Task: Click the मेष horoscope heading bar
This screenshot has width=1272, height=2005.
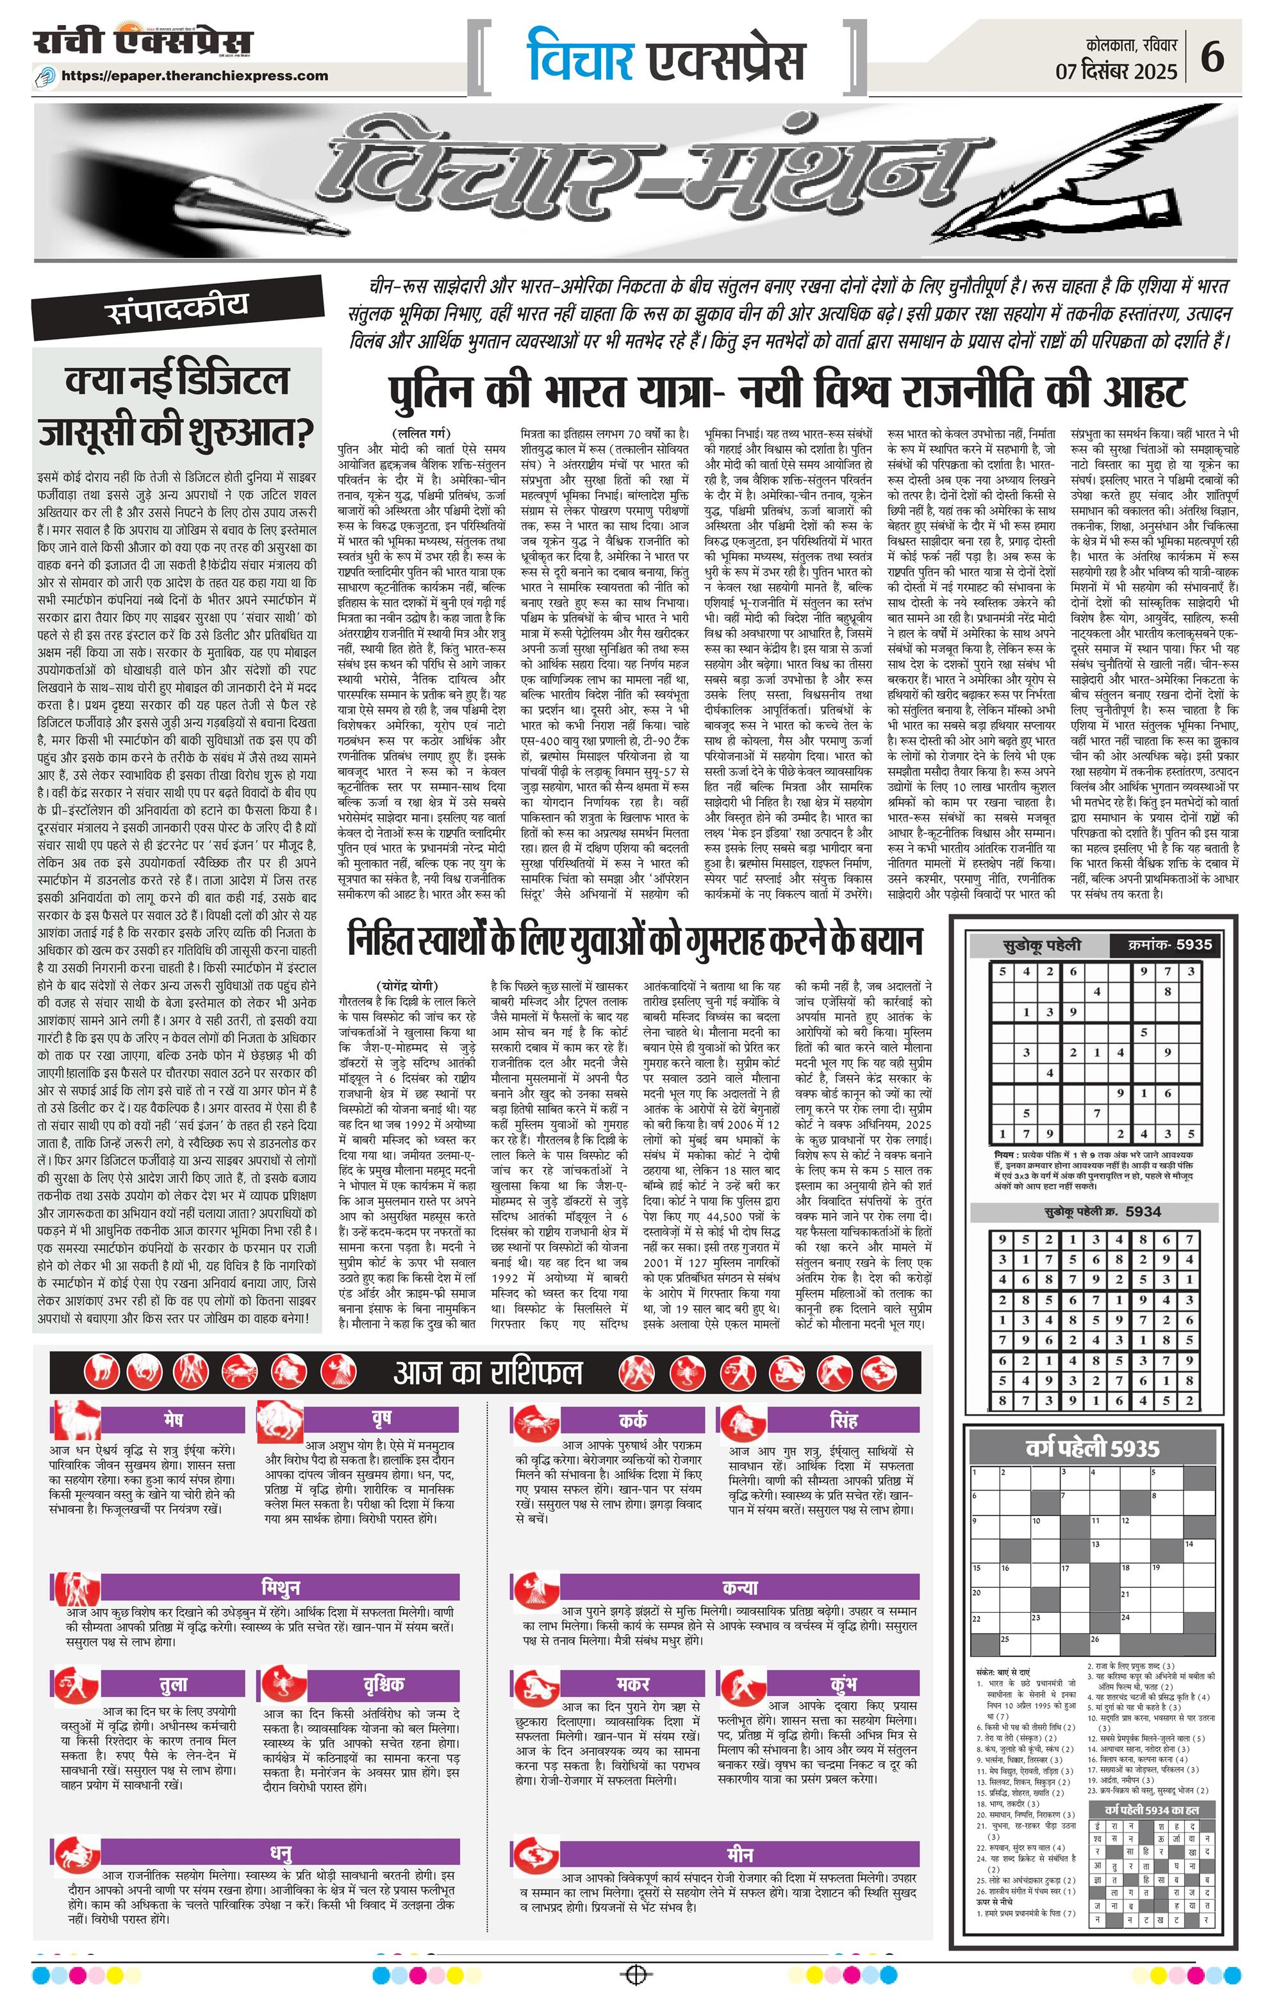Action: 173,1419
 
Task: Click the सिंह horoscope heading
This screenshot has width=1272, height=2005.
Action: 843,1419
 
